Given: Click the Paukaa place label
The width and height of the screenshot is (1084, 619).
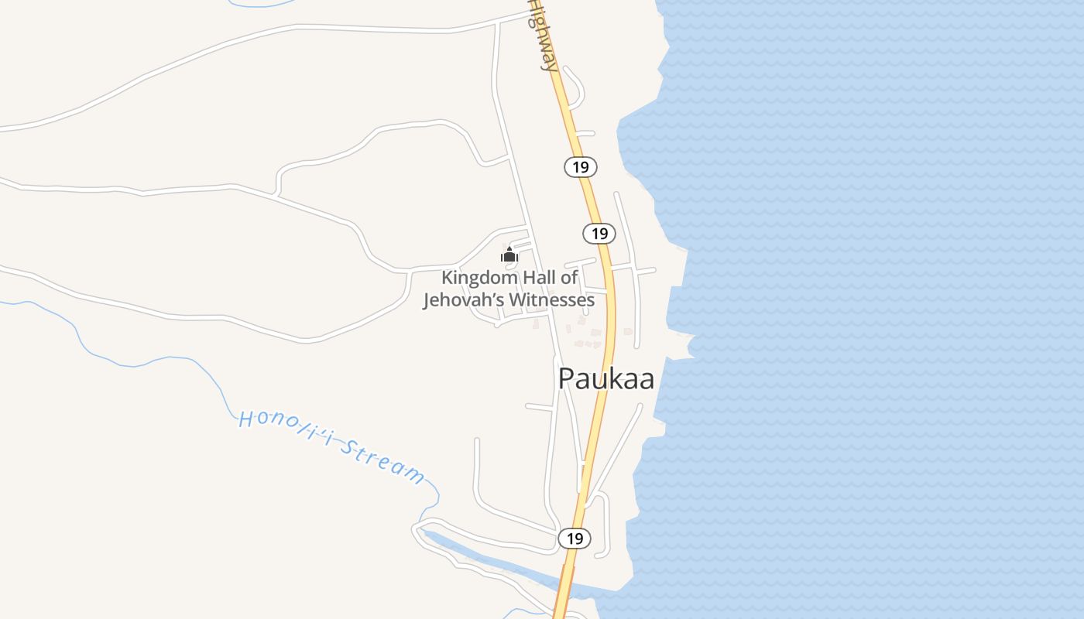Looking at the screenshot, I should pos(605,378).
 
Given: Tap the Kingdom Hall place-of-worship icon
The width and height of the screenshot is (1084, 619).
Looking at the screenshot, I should pos(509,254).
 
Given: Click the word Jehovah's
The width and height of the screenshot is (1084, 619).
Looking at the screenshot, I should pos(461,299).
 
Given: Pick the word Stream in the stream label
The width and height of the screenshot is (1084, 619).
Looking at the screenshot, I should pos(384,462).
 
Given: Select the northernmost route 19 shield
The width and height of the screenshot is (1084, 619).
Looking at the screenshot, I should pos(581,166).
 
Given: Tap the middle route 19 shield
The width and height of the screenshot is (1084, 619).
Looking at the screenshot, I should pos(599,233).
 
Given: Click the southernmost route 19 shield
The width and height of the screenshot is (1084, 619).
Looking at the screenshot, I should pos(575,539).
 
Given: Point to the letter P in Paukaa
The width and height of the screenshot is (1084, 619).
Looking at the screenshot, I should pos(567,379).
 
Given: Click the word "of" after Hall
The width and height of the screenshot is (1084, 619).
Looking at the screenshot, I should pos(569,278).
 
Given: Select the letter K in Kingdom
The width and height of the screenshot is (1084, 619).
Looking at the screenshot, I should pos(447,278).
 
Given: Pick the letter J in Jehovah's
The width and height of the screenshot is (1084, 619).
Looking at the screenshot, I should pos(427,300).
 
